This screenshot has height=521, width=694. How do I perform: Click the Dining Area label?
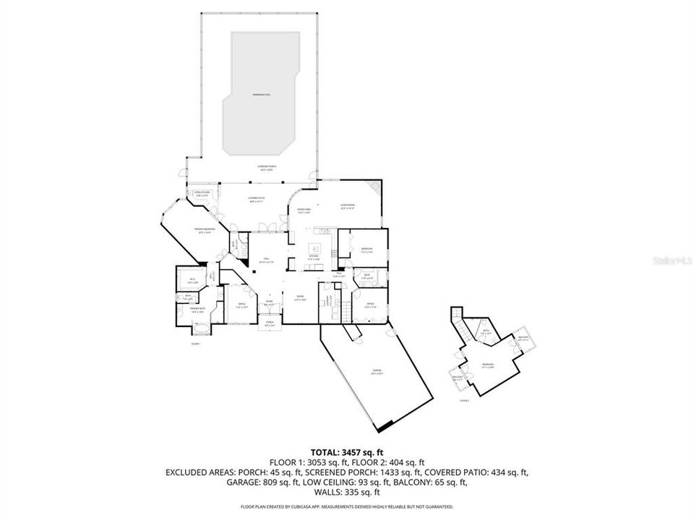(x=304, y=211)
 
